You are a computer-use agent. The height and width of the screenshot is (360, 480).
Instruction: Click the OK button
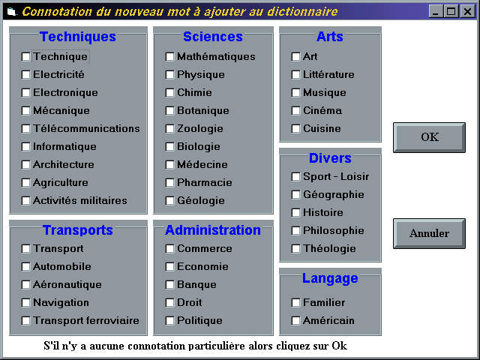[x=429, y=137]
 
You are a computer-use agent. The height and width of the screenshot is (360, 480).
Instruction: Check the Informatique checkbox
[x=25, y=147]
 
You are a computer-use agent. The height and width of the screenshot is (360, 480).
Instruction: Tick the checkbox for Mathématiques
[x=169, y=57]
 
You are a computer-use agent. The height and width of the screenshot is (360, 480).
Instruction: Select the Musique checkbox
[x=295, y=92]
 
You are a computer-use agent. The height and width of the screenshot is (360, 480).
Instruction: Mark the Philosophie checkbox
[x=295, y=230]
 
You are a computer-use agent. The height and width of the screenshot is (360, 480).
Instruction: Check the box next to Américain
[x=295, y=320]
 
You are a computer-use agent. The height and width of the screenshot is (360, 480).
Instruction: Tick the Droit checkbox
[x=169, y=303]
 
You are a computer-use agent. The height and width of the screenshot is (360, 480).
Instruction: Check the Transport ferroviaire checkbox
[x=25, y=320]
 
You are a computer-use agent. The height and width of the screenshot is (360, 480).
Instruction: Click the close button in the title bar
[x=467, y=12]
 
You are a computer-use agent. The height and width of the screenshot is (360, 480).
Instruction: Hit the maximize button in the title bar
[x=451, y=12]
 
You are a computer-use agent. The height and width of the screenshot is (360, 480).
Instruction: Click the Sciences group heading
[x=213, y=37]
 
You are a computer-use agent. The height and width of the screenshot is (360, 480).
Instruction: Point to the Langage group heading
[x=330, y=278]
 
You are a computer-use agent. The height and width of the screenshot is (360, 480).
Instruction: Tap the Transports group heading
[x=78, y=230]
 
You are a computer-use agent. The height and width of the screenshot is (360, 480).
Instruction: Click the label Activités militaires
[x=80, y=200]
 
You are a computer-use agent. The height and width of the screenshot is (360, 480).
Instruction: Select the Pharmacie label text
[x=205, y=182]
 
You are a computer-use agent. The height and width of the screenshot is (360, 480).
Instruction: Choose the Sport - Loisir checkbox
[x=295, y=177]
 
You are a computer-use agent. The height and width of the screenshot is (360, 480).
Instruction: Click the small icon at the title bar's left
[x=12, y=12]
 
